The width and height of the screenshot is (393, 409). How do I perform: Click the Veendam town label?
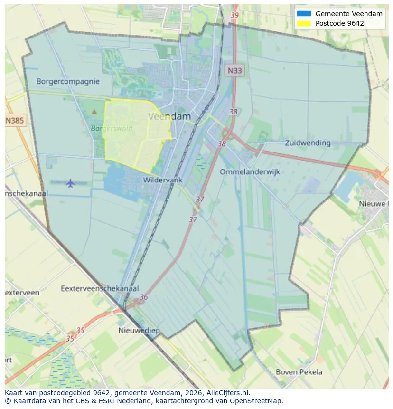169,116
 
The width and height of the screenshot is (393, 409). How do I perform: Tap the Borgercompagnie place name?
68,81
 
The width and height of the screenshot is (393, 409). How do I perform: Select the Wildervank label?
163,180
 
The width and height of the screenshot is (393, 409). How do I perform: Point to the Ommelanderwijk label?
250,172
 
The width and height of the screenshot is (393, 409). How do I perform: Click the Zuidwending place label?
308,143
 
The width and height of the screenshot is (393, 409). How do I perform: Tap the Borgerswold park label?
112,128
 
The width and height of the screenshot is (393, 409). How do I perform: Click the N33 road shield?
234,71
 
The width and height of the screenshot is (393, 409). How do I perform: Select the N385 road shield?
15,121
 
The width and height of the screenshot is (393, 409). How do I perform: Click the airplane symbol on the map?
70,183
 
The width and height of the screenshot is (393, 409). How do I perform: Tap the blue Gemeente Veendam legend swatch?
304,14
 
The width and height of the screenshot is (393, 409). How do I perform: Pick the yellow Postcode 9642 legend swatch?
304,23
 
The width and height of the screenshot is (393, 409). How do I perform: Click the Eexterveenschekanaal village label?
100,288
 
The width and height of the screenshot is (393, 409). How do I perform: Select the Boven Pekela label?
299,372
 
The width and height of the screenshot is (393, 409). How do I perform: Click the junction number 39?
234,15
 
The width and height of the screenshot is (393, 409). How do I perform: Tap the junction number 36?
143,297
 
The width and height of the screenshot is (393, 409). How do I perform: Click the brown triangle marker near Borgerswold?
94,112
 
